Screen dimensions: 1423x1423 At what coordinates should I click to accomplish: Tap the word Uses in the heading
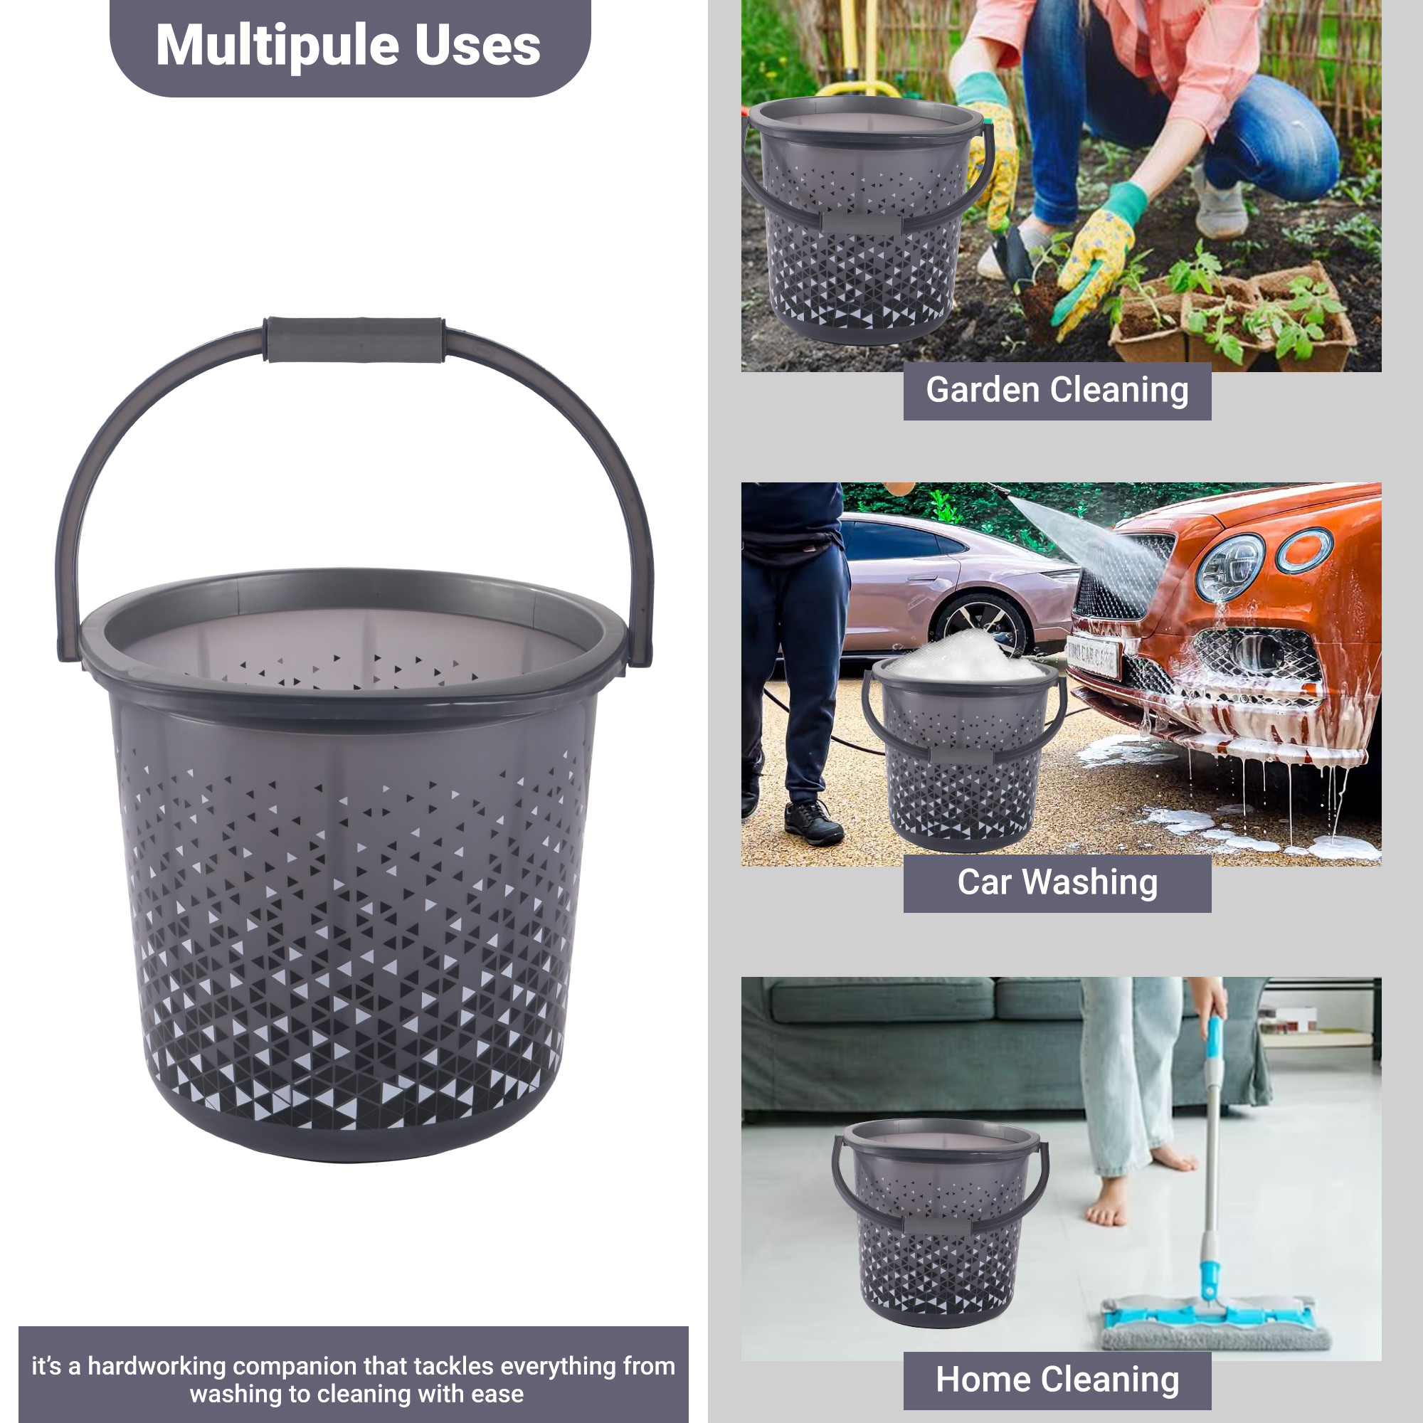point(477,46)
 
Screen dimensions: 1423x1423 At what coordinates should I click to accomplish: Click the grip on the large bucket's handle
point(354,339)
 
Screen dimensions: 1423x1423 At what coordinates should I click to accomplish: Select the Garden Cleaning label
point(1057,391)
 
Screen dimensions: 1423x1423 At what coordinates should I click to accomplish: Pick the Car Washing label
point(1057,882)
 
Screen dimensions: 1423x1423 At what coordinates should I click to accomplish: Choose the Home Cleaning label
point(1057,1380)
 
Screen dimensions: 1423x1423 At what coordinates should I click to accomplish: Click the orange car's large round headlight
point(1229,568)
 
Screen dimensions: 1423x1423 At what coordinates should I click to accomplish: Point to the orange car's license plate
point(1093,656)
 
